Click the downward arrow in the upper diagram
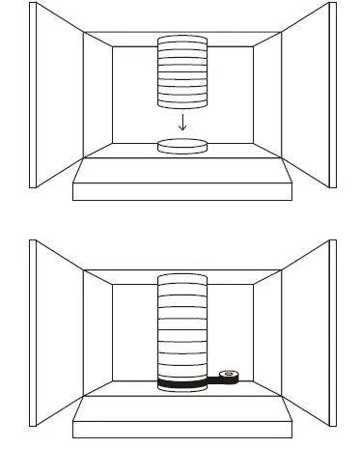click(181, 122)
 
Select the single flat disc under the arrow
click(181, 147)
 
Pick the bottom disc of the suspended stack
click(181, 100)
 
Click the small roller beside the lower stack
click(229, 376)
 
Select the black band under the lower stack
click(180, 386)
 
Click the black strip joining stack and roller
click(213, 383)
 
